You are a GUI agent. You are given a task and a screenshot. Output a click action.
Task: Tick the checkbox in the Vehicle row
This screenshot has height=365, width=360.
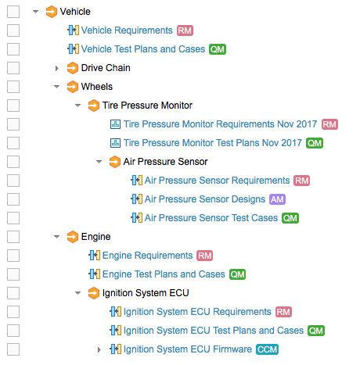(x=13, y=12)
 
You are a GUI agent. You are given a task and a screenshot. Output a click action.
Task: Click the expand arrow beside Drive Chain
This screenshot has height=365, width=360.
(x=57, y=68)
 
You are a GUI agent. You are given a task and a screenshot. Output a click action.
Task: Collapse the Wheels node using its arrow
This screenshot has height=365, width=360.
(x=57, y=87)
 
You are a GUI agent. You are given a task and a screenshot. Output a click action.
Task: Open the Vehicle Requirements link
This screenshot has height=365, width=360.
(x=127, y=30)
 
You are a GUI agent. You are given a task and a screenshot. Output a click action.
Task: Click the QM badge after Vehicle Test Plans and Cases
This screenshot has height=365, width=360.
(x=218, y=49)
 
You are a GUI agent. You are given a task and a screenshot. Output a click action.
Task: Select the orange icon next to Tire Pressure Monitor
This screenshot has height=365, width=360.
(x=93, y=106)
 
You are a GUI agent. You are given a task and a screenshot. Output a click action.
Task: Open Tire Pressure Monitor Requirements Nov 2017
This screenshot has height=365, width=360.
(x=220, y=124)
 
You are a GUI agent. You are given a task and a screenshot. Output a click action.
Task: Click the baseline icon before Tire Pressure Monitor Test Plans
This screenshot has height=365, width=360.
(x=115, y=143)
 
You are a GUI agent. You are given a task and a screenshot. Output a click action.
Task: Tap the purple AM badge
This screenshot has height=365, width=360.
(x=277, y=199)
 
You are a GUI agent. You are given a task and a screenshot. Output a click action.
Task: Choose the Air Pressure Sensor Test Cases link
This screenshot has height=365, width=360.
(x=211, y=218)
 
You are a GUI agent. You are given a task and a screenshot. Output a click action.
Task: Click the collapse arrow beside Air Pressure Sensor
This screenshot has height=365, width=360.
(x=99, y=162)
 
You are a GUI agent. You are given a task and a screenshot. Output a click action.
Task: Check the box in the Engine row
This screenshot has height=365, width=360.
(x=13, y=237)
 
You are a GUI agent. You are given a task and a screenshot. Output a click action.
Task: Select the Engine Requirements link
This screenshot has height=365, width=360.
(x=147, y=256)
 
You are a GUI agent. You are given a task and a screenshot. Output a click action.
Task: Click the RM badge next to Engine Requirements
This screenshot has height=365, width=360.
(x=205, y=256)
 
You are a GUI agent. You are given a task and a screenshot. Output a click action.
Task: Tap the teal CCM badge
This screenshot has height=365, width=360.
(x=267, y=349)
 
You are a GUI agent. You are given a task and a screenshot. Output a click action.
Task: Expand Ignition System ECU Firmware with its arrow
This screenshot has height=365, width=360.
(x=99, y=349)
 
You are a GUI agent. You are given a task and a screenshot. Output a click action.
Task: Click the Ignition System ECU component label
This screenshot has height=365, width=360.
(x=146, y=293)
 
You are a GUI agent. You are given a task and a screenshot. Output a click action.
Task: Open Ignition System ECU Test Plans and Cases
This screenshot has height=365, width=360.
(x=214, y=331)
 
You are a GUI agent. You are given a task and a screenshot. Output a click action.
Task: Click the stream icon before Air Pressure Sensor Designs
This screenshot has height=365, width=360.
(x=136, y=199)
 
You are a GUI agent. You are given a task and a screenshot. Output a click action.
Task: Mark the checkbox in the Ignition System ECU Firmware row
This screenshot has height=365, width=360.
(x=13, y=349)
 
